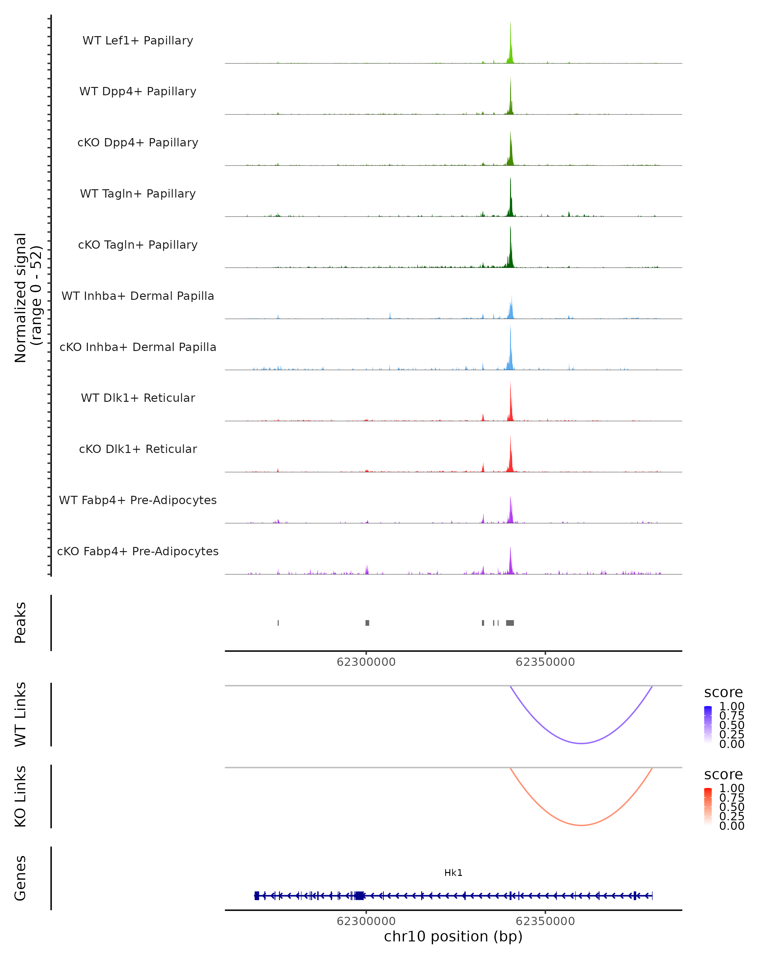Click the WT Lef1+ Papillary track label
click(138, 41)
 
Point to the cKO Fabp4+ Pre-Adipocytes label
click(138, 551)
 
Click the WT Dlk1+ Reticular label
click(138, 398)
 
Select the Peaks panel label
click(20, 622)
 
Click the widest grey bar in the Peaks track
click(510, 623)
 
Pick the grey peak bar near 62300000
click(367, 623)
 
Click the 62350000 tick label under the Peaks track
click(545, 662)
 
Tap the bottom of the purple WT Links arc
click(581, 743)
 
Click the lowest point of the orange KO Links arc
click(581, 825)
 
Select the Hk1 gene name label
click(453, 873)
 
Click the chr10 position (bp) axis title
click(453, 936)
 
